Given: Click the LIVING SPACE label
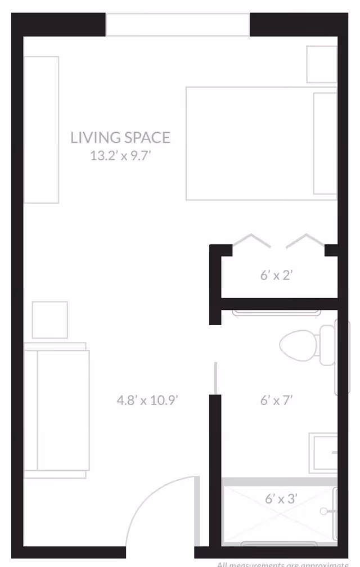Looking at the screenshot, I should (x=120, y=137).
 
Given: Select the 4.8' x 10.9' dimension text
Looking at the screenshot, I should (x=147, y=400).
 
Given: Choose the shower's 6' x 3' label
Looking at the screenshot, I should (x=281, y=498).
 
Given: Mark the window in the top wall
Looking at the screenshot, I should (x=178, y=25).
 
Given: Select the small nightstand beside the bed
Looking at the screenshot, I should (x=321, y=64).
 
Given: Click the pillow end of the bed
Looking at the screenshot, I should (x=325, y=143).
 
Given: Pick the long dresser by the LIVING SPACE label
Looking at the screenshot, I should (x=41, y=129).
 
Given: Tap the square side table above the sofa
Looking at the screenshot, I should (x=50, y=320).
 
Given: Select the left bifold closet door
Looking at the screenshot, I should (x=251, y=240).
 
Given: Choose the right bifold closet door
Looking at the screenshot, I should (x=305, y=240).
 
